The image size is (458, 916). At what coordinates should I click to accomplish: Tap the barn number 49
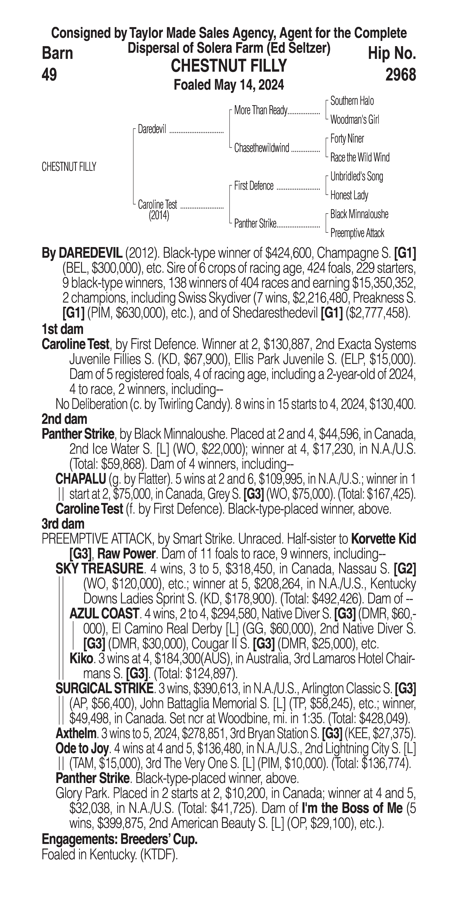click(x=49, y=75)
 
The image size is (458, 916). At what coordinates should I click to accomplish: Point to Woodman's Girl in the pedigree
click(x=354, y=120)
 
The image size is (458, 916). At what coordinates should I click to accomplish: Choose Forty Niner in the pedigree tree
click(x=347, y=139)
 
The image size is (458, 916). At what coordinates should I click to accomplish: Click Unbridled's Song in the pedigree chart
click(x=357, y=176)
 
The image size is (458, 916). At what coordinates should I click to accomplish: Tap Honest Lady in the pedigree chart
click(x=349, y=195)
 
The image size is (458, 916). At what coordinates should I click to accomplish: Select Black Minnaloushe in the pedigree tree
click(x=359, y=214)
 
